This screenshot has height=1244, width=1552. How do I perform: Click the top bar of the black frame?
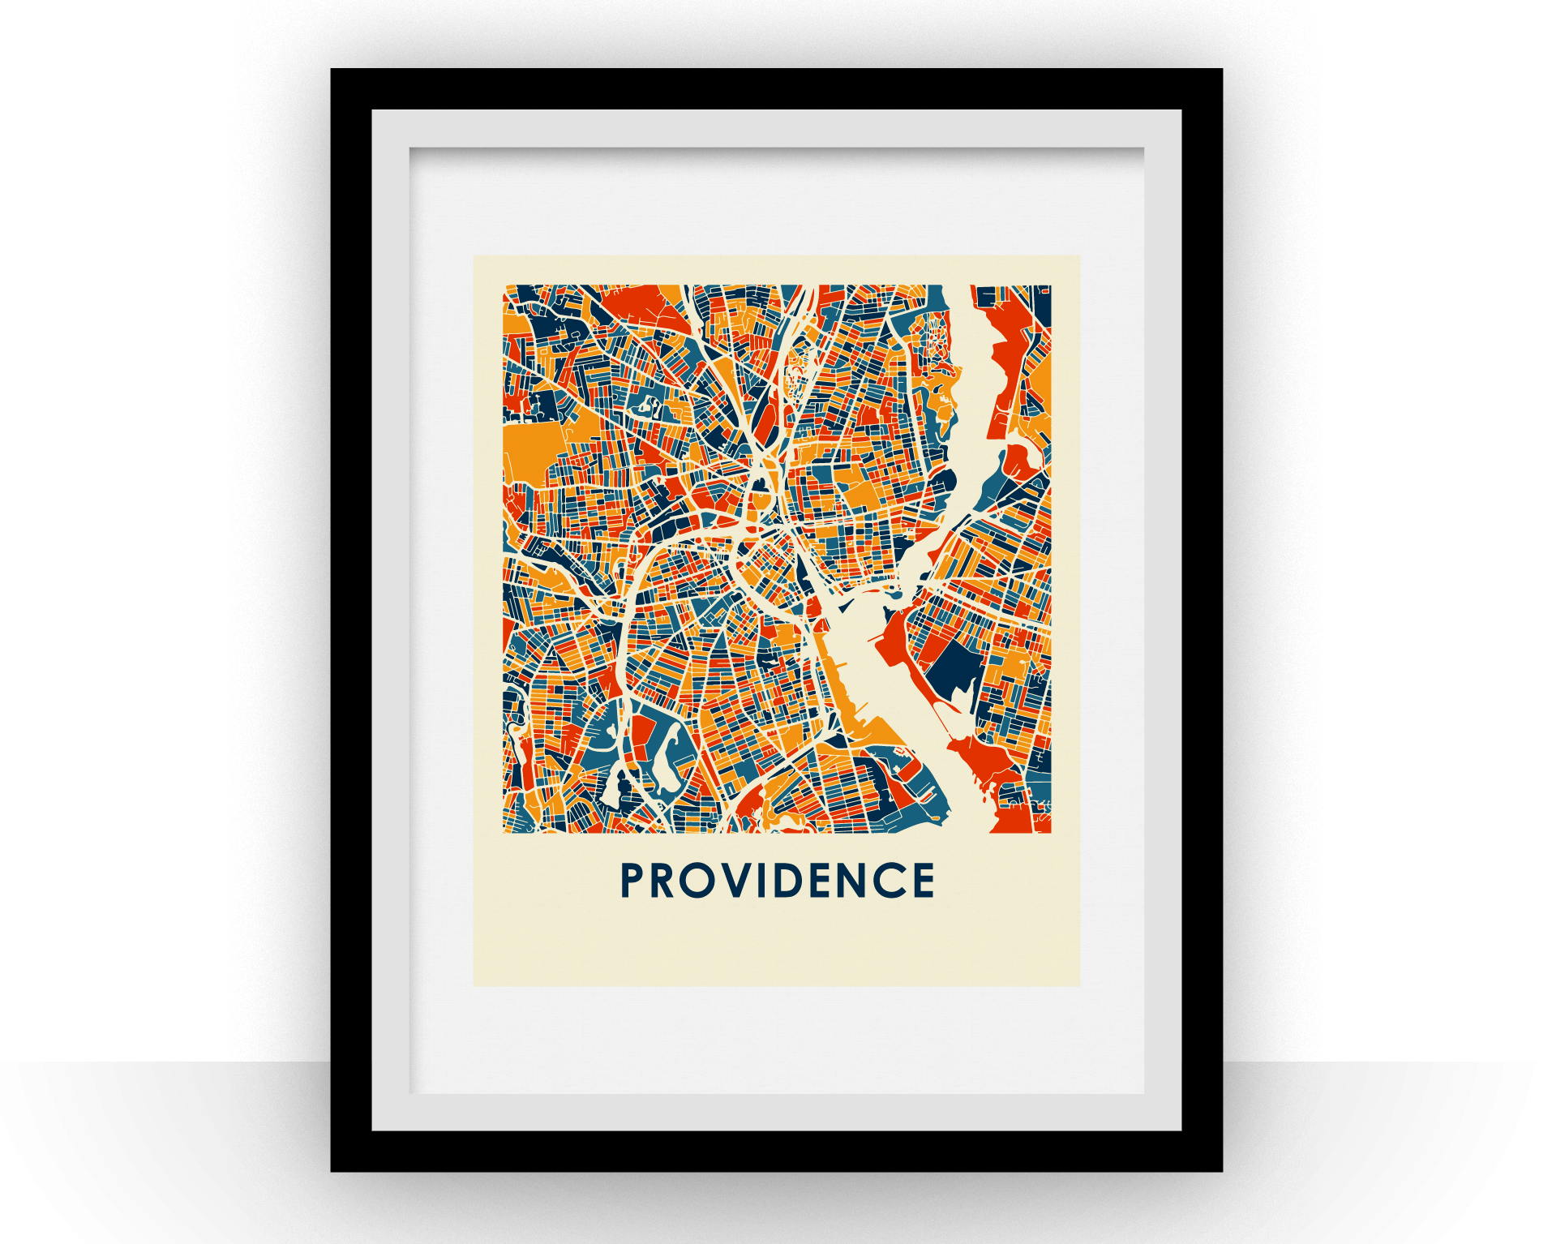click(776, 88)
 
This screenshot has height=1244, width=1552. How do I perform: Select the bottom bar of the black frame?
click(776, 1152)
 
